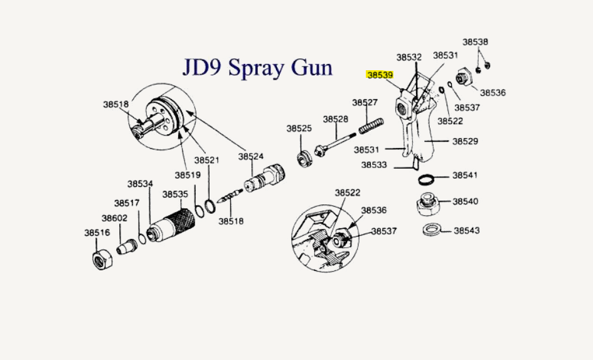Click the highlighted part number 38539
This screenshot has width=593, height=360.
(380, 75)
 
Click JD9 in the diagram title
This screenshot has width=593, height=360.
(203, 66)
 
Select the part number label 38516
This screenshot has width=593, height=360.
(97, 232)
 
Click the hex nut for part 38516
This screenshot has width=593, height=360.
(102, 257)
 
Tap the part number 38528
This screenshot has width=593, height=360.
(336, 119)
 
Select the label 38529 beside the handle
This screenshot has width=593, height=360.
(465, 142)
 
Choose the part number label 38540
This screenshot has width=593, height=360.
(465, 201)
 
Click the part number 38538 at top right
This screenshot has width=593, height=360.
(475, 42)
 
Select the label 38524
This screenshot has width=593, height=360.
(251, 156)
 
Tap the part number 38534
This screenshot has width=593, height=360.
(140, 184)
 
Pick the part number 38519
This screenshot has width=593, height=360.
(187, 175)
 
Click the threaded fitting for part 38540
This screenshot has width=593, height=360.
(427, 204)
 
